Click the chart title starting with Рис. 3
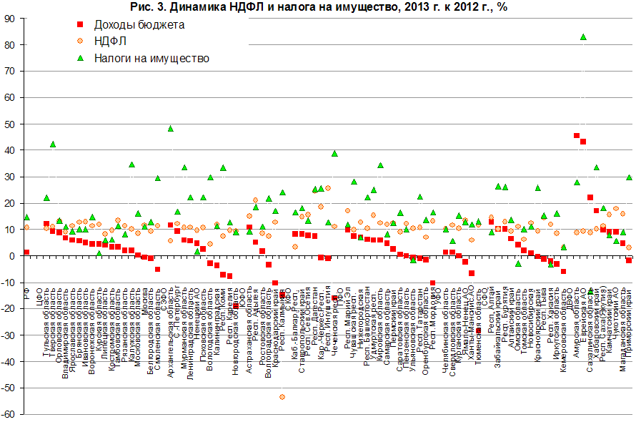[319, 7]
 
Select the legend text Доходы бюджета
[140, 25]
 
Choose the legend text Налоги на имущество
[151, 58]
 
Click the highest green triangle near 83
[583, 37]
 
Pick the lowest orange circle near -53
[282, 396]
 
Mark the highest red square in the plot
[577, 135]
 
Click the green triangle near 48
[171, 129]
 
